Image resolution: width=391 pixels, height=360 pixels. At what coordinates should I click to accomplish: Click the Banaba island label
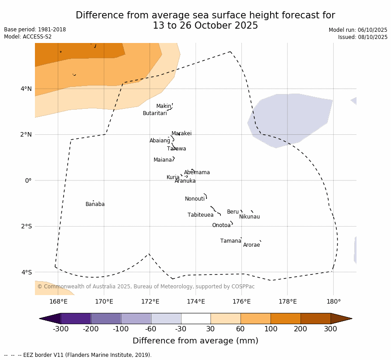95,205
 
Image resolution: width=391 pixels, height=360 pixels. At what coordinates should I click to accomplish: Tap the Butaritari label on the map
155,114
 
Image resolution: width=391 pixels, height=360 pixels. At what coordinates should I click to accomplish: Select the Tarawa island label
176,149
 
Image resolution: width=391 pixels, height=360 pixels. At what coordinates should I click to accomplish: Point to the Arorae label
251,245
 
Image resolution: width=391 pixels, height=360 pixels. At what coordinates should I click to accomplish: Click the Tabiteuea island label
200,215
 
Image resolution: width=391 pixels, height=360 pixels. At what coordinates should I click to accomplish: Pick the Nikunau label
249,217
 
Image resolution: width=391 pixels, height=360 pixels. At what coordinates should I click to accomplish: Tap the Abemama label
197,173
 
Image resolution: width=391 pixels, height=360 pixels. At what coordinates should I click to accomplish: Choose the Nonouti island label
195,199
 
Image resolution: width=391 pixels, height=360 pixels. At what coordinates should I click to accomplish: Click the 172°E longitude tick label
150,302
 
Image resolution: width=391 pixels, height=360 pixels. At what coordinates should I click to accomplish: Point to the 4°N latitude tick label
26,89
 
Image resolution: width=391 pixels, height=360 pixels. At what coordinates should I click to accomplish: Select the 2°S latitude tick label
26,227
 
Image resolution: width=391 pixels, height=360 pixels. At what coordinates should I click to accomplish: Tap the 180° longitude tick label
333,302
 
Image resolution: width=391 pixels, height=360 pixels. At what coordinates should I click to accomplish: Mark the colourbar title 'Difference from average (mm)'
195,341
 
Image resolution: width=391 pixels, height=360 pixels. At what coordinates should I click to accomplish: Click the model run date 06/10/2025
372,30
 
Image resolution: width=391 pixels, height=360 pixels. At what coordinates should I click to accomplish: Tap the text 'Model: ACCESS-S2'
28,37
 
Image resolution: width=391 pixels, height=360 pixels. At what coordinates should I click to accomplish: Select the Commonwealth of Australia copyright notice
146,287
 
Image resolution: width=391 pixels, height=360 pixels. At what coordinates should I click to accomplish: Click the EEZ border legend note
78,355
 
